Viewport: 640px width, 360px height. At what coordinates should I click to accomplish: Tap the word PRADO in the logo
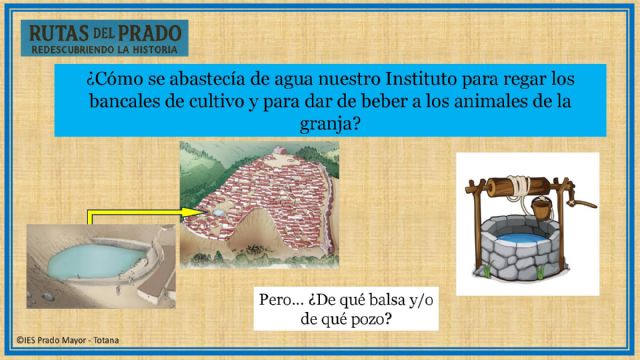click(x=149, y=33)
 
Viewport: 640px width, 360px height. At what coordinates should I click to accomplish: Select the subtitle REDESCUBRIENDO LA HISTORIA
click(x=105, y=48)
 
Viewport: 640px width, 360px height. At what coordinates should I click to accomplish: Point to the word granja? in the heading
click(x=321, y=124)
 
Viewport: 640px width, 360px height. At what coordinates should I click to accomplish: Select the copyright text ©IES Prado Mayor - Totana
click(x=66, y=340)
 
